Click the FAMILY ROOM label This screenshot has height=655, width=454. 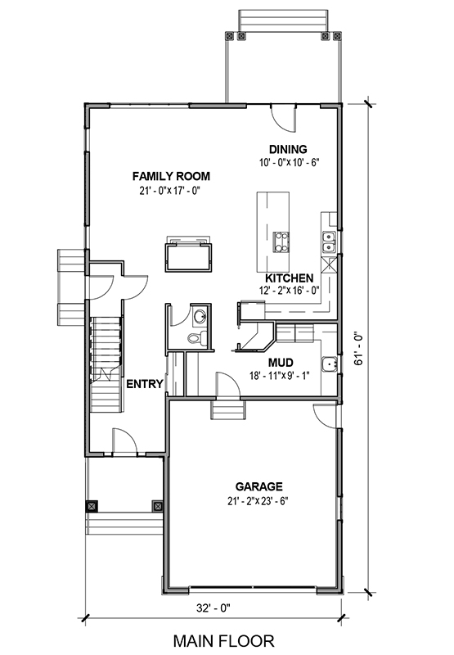171,176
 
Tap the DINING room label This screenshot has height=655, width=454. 288,149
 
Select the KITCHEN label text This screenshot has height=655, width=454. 290,278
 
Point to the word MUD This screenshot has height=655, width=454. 281,362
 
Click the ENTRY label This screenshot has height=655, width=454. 145,384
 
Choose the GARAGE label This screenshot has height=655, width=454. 258,486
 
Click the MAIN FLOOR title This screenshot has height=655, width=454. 223,641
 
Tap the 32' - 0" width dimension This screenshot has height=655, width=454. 214,608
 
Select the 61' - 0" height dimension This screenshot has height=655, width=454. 358,349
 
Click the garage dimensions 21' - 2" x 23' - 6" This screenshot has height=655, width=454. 258,501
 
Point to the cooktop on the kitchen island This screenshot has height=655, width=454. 281,242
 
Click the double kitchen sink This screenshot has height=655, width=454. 329,242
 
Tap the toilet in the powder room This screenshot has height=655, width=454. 197,337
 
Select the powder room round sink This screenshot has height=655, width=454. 200,317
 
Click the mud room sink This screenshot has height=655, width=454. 330,364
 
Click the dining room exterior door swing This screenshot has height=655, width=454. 283,117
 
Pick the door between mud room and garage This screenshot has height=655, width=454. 228,384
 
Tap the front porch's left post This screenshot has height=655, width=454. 92,507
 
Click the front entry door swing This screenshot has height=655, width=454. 125,441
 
